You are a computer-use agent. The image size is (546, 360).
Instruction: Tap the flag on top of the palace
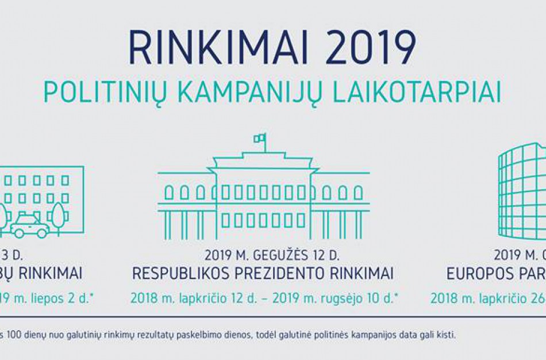[x=260, y=138]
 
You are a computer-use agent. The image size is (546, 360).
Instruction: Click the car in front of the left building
[x=29, y=227]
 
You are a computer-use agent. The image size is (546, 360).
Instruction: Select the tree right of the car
[x=59, y=215]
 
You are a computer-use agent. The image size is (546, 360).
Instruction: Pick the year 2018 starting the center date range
[x=142, y=298]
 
